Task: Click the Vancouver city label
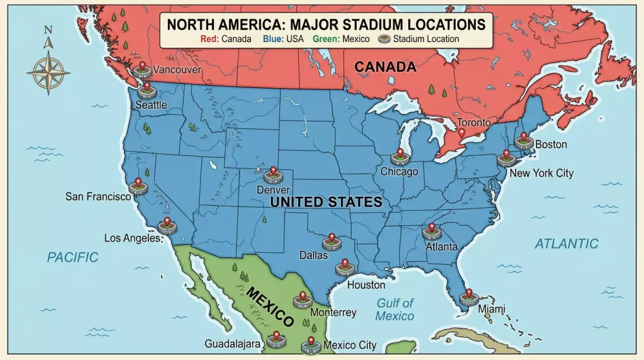(x=177, y=70)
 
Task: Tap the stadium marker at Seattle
(x=147, y=92)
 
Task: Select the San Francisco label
(x=98, y=196)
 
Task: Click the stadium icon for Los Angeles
(x=167, y=227)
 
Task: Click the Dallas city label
(x=313, y=256)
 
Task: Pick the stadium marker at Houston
(x=343, y=269)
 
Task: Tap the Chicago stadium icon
(x=399, y=157)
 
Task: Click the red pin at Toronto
(x=462, y=133)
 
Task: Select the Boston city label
(x=551, y=145)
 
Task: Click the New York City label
(x=541, y=173)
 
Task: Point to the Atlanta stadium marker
(x=431, y=232)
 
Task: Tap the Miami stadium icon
(x=469, y=298)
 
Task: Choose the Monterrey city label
(x=333, y=312)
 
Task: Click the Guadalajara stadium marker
(x=275, y=341)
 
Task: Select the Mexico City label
(x=350, y=345)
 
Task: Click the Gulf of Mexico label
(x=395, y=309)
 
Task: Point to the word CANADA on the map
(x=385, y=67)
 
